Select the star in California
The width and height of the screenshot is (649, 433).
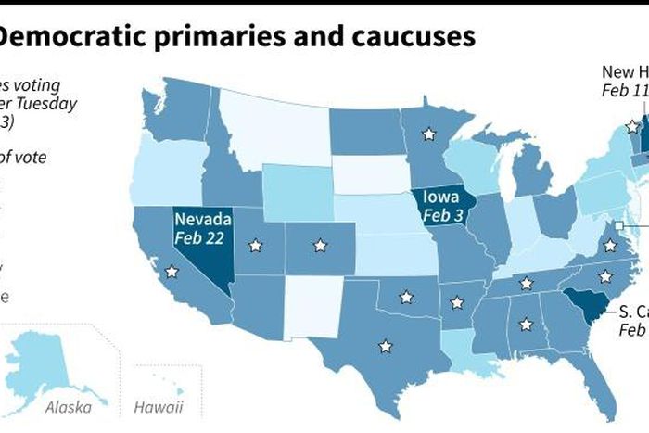click(x=171, y=273)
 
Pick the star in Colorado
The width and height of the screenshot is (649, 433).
click(x=320, y=246)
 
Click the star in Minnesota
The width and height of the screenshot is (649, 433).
click(x=427, y=134)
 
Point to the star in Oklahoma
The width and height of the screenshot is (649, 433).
click(x=405, y=298)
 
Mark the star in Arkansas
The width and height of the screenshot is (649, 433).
click(x=456, y=301)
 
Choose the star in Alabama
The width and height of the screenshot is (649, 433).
click(x=527, y=325)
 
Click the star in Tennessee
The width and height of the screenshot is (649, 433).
click(x=526, y=284)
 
